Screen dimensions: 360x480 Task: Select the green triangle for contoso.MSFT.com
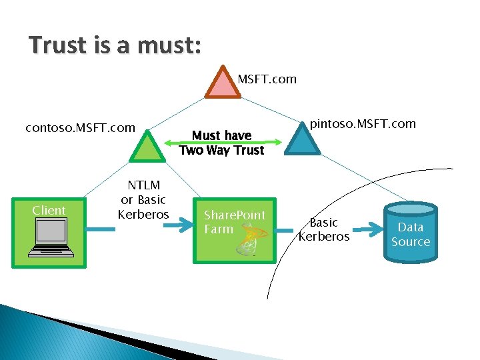click(x=147, y=147)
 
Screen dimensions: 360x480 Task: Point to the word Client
click(x=49, y=211)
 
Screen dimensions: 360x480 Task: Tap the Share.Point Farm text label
click(x=234, y=222)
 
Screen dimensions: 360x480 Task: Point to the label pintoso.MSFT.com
click(x=363, y=124)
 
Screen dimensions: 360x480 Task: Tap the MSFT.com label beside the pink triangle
click(x=267, y=79)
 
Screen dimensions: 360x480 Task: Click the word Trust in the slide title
click(x=58, y=45)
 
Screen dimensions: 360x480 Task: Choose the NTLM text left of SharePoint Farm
click(x=143, y=185)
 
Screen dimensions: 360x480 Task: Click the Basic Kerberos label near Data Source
click(x=324, y=229)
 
